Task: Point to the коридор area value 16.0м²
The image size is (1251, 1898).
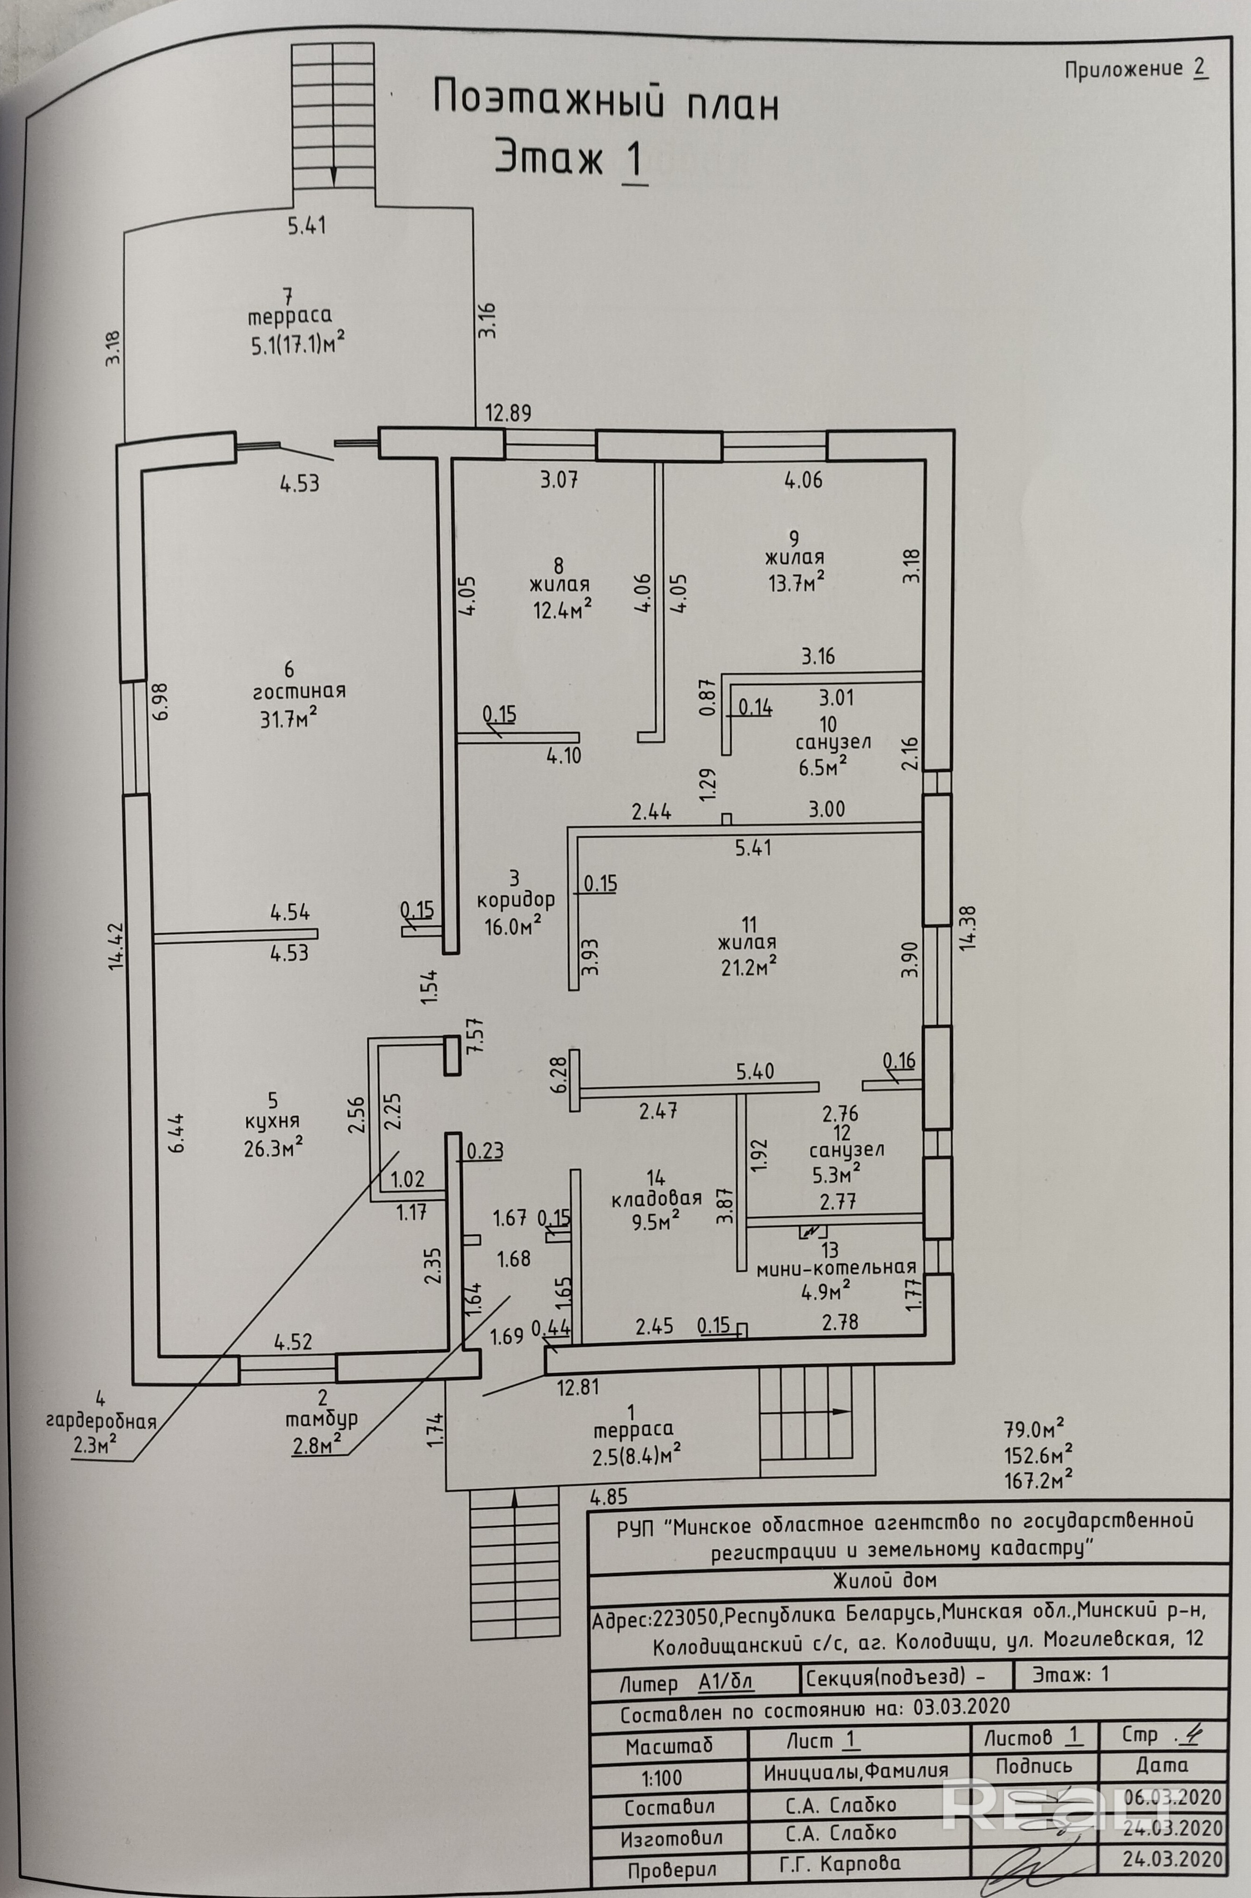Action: [x=513, y=926]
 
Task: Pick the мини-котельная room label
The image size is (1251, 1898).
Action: [x=836, y=1268]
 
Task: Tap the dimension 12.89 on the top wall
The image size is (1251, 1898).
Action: [x=508, y=413]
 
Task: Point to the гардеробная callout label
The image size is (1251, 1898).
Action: [x=100, y=1420]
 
